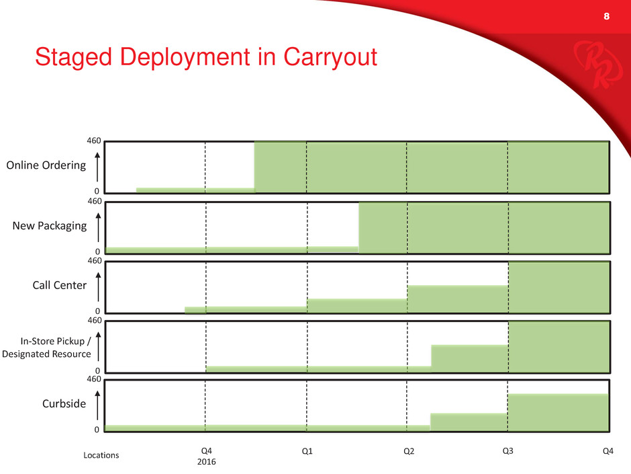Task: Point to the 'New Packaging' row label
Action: pos(50,226)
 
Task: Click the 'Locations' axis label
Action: pos(101,455)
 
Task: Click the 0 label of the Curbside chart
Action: pos(97,430)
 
